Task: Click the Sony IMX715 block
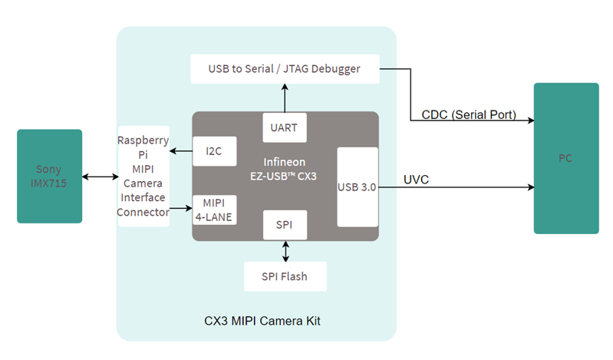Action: click(49, 176)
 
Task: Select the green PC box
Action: click(566, 158)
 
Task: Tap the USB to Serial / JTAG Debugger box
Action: click(285, 69)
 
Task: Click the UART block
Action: click(285, 127)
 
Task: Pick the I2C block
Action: click(214, 151)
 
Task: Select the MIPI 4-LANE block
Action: click(214, 208)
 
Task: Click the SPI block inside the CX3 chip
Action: click(285, 224)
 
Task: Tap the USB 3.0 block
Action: click(358, 187)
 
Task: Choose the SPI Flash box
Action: click(285, 276)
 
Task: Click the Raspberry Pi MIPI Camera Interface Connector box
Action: click(143, 176)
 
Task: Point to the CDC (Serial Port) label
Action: click(468, 115)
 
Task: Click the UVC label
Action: click(416, 180)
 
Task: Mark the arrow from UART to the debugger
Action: click(285, 98)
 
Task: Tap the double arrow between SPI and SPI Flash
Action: click(285, 250)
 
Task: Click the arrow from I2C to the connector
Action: click(181, 151)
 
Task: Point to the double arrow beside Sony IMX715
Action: click(100, 177)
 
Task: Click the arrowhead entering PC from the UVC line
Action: click(529, 187)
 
